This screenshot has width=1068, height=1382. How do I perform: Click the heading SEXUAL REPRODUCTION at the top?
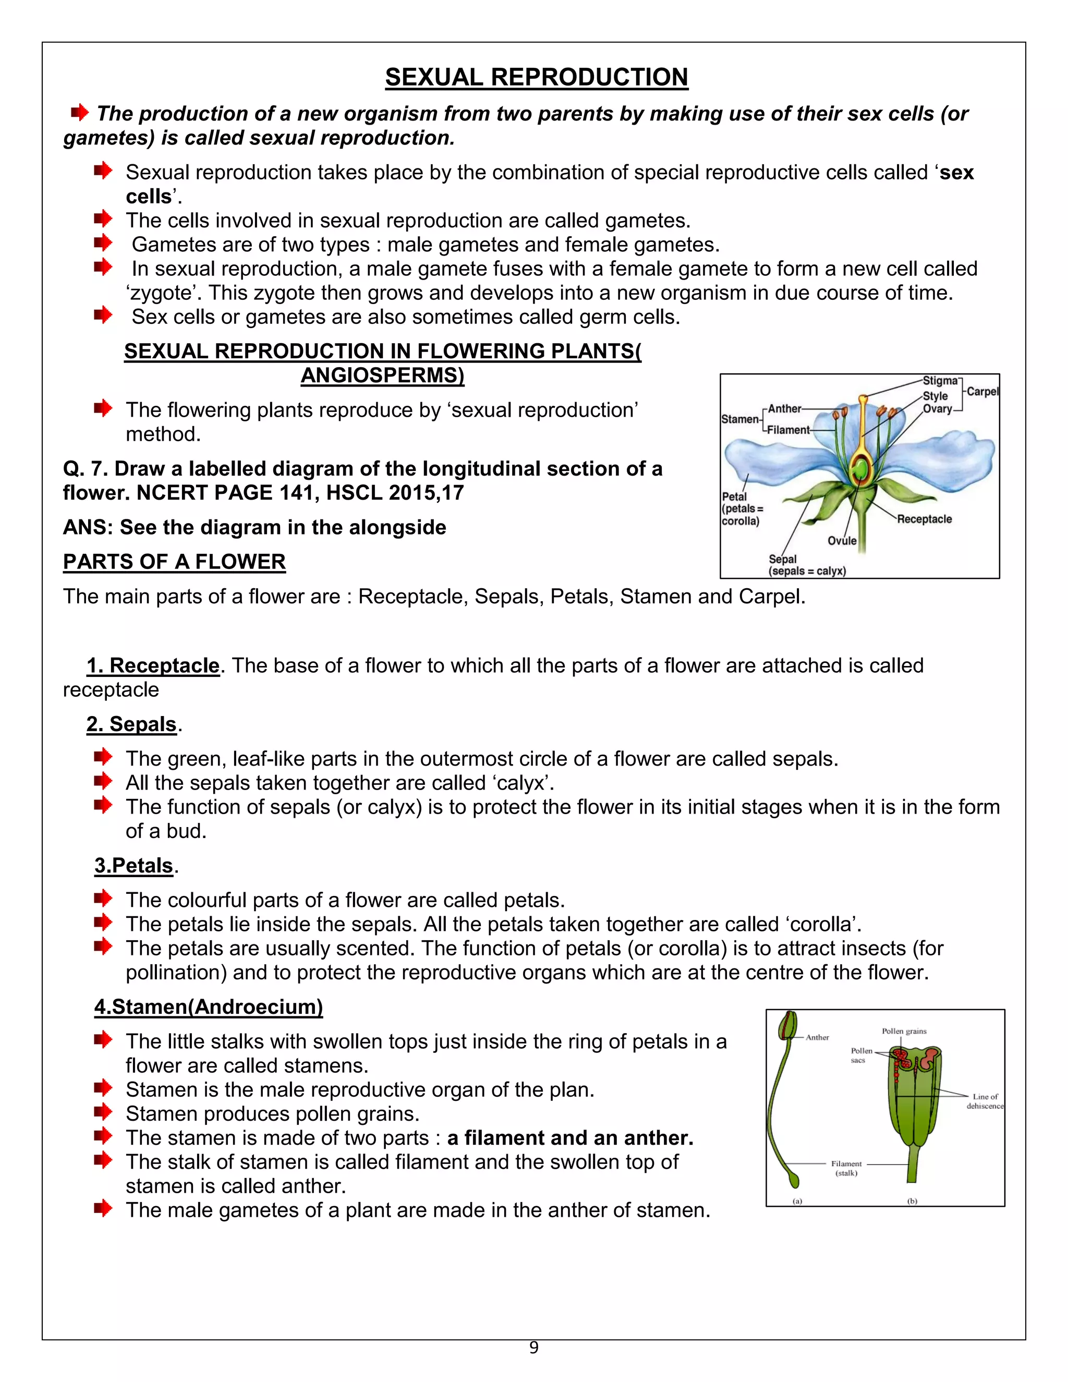click(x=536, y=77)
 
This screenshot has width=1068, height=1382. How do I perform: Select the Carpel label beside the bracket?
click(x=982, y=391)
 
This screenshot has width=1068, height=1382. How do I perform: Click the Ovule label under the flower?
click(x=842, y=540)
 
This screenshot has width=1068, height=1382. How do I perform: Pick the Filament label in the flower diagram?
click(x=788, y=430)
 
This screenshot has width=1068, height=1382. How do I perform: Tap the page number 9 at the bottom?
click(x=533, y=1348)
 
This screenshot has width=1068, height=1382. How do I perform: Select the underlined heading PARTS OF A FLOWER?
click(x=174, y=562)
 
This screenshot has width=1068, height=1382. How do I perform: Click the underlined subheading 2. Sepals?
click(x=131, y=724)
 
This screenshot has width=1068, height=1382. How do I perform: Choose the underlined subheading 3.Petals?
click(x=133, y=865)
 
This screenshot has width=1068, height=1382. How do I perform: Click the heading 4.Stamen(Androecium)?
click(x=208, y=1006)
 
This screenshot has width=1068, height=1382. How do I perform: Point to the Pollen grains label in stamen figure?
click(x=904, y=1031)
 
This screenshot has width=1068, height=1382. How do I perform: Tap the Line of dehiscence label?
click(x=985, y=1101)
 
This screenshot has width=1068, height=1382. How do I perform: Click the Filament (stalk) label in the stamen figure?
click(x=846, y=1168)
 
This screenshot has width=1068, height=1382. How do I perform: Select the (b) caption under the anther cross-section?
click(x=912, y=1201)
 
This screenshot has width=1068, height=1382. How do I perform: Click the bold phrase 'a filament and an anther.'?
click(x=570, y=1138)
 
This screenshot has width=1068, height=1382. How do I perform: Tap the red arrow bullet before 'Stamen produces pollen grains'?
click(x=103, y=1112)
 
